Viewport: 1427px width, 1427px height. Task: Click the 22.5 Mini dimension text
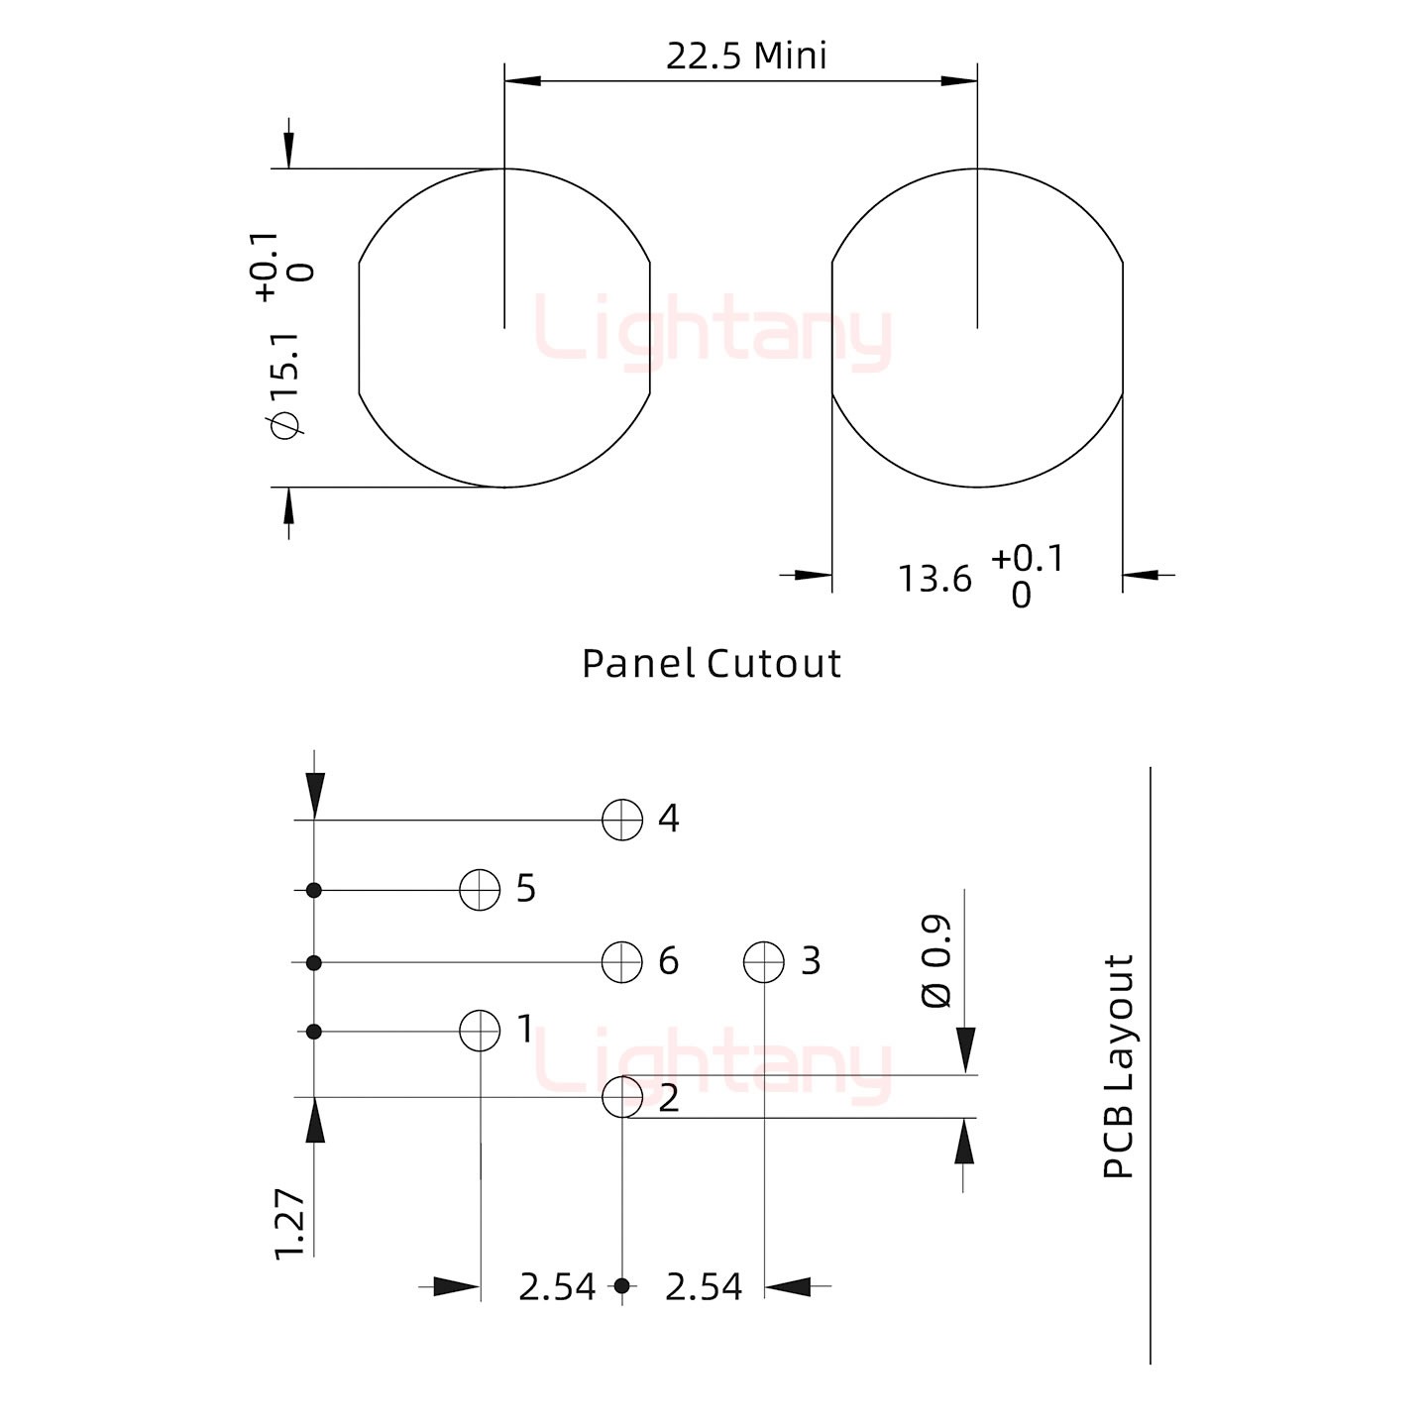746,56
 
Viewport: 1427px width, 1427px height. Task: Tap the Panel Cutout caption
711,663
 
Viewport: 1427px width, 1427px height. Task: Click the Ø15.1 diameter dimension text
285,385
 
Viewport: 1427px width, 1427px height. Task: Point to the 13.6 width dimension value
934,579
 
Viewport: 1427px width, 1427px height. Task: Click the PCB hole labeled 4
622,820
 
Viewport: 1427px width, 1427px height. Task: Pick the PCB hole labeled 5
480,889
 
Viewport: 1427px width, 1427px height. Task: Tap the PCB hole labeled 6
622,962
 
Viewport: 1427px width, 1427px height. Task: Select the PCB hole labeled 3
763,962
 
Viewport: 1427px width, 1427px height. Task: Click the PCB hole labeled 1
480,1030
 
